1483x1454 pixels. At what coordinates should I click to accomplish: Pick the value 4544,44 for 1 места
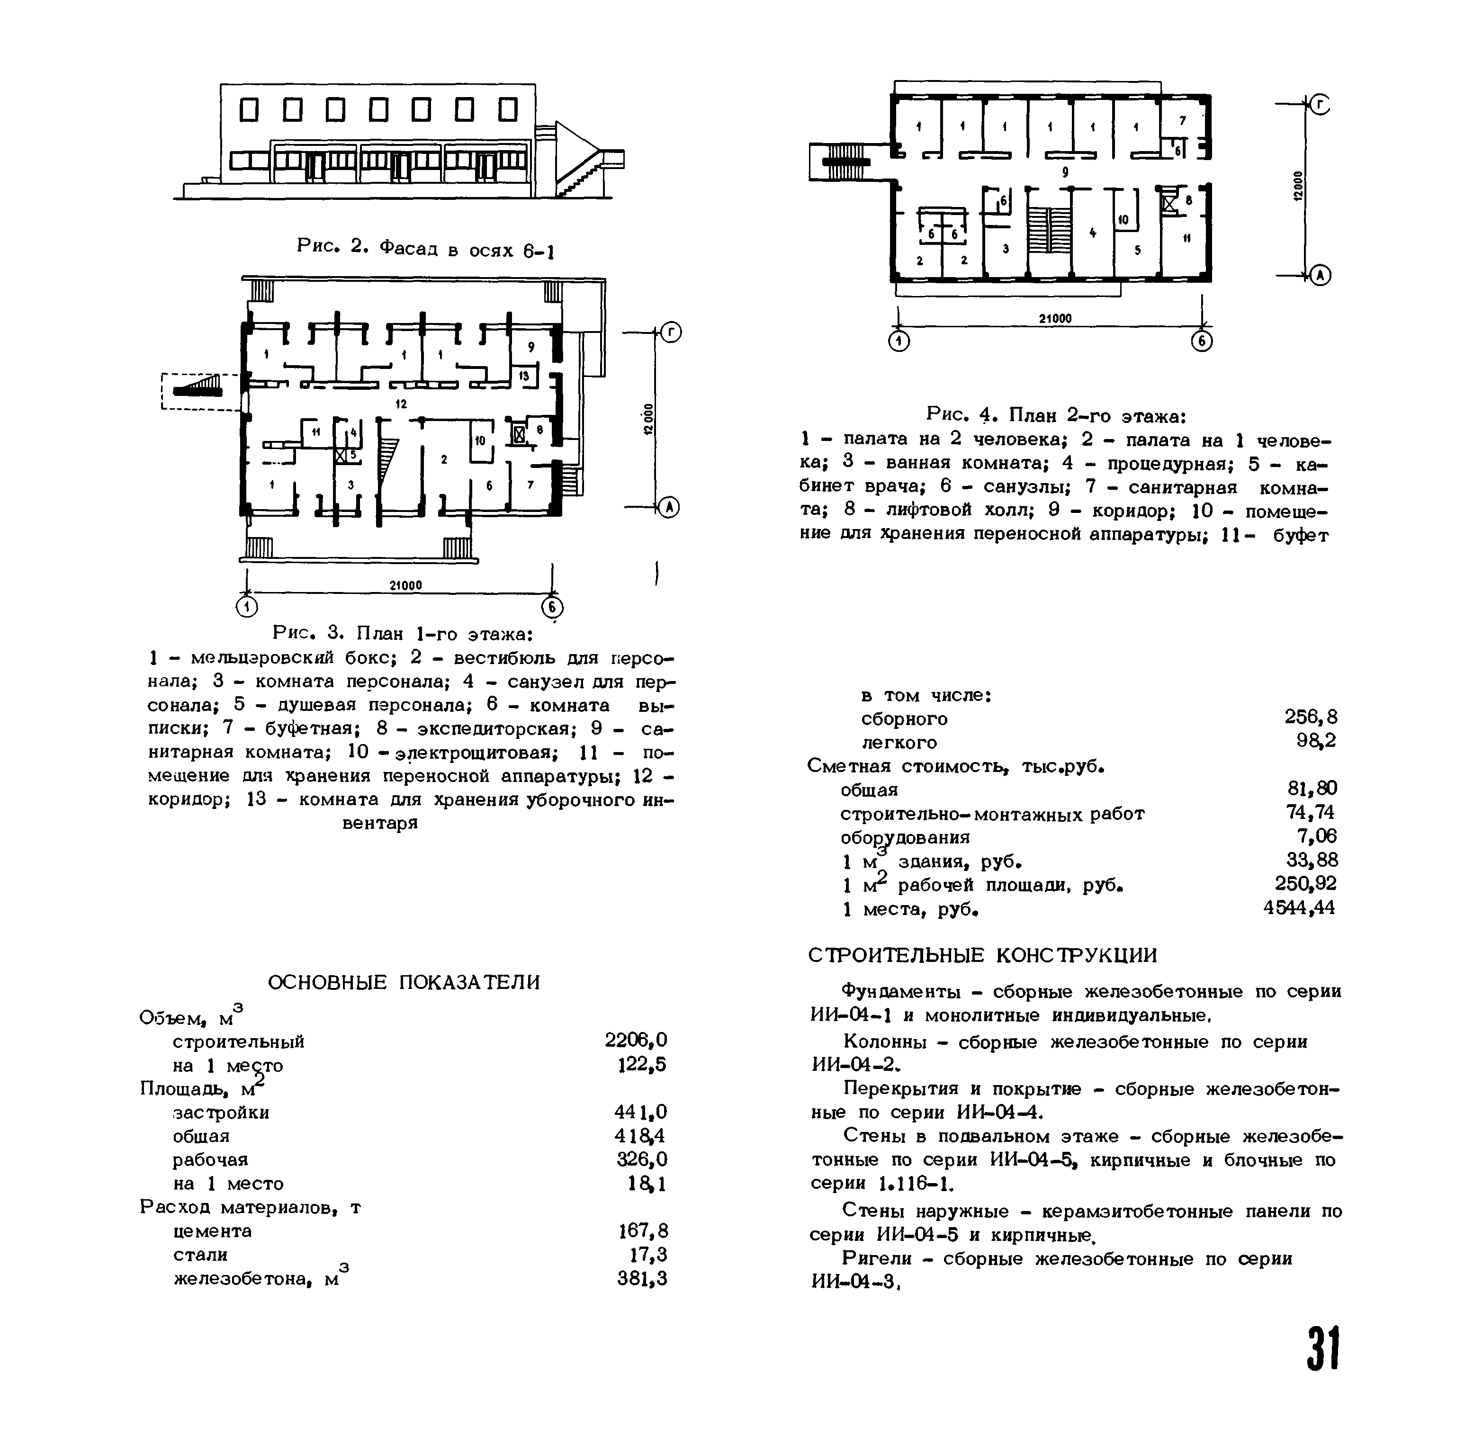tap(1299, 908)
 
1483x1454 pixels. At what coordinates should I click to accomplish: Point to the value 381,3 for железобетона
tap(641, 1278)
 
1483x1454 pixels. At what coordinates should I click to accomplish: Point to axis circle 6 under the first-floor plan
tap(552, 608)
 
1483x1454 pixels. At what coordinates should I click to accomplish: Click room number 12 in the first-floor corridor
tap(401, 404)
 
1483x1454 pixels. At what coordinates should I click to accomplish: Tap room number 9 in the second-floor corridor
tap(1065, 172)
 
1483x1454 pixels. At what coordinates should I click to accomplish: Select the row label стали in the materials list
tap(200, 1255)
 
